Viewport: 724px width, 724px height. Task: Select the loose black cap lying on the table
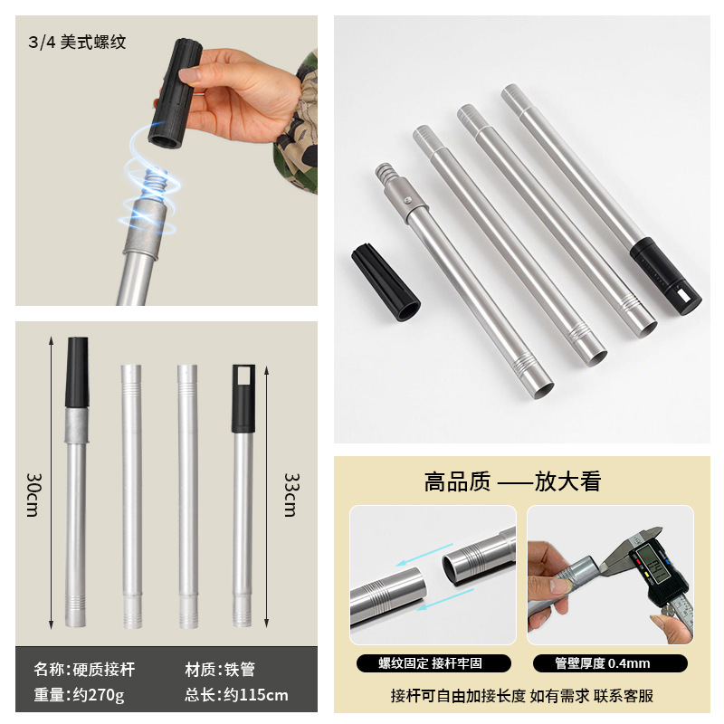386,281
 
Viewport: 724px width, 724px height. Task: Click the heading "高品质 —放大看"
512,481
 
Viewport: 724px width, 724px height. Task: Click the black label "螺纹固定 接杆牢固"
432,663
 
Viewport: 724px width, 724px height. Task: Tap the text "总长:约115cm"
236,695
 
